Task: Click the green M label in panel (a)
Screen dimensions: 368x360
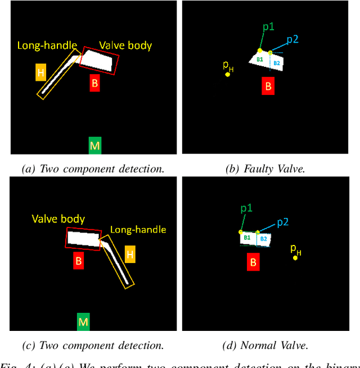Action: pos(95,146)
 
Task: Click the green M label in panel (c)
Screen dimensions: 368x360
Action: pos(83,322)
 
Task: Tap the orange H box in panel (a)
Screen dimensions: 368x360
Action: pos(40,72)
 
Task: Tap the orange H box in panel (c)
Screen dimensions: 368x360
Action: pos(130,255)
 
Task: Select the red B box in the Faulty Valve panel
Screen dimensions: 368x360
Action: pos(268,86)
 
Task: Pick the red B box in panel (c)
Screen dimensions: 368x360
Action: pos(79,261)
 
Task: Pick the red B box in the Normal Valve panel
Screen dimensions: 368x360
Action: pos(254,262)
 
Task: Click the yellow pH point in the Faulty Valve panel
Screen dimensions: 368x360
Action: pos(228,74)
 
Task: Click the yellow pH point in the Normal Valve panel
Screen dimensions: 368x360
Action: pos(295,257)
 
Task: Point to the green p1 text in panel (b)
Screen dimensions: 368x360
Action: pos(268,26)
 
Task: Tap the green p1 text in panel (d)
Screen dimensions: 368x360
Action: pos(246,208)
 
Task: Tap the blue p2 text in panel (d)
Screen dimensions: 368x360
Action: pos(283,222)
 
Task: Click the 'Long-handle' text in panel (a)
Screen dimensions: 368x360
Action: pos(43,45)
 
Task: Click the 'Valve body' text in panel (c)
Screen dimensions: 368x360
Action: pos(58,219)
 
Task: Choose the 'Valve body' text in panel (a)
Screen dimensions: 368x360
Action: pos(125,46)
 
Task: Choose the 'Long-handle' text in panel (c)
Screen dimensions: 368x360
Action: pos(138,230)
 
